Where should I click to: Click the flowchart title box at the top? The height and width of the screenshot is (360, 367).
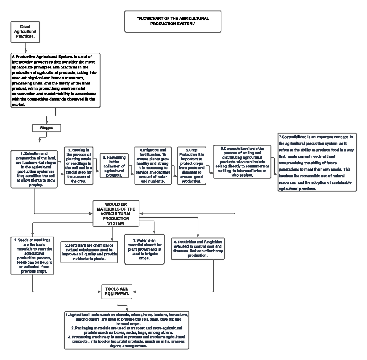pos(173,21)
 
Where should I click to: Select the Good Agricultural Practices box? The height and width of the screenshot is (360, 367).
pos(25,31)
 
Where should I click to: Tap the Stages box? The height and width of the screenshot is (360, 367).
pos(46,128)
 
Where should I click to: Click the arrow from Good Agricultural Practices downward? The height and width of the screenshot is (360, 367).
pos(25,47)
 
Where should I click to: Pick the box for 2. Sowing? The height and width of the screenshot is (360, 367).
pos(78,166)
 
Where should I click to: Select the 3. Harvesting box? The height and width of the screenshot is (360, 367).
pos(114,166)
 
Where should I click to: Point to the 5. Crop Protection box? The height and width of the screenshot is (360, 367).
pos(191,166)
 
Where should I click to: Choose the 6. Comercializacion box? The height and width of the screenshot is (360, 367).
pos(242,162)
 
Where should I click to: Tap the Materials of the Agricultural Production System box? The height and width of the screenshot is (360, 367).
pos(116,214)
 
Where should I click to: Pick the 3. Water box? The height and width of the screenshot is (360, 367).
pos(144,249)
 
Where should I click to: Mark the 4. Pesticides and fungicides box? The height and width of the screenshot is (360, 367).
pos(198,248)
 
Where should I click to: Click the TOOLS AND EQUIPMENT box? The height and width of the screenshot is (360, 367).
pos(117,291)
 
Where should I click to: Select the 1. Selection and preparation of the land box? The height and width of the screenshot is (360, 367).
pos(34,169)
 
